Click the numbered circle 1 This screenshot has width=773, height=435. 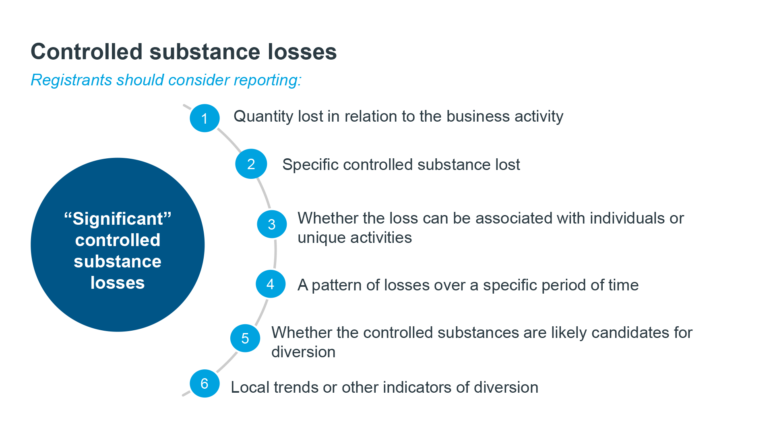pyautogui.click(x=205, y=118)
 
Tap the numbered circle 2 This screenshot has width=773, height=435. pyautogui.click(x=251, y=164)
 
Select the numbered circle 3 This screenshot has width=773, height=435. pyautogui.click(x=272, y=224)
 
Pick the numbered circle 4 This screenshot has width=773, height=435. pyautogui.click(x=271, y=284)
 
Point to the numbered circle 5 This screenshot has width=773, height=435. pyautogui.click(x=245, y=338)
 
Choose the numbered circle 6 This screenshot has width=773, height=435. pyautogui.click(x=205, y=383)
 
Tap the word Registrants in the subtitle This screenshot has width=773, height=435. pyautogui.click(x=71, y=80)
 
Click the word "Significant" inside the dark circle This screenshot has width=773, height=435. pyautogui.click(x=118, y=219)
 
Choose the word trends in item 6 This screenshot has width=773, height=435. pyautogui.click(x=296, y=387)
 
